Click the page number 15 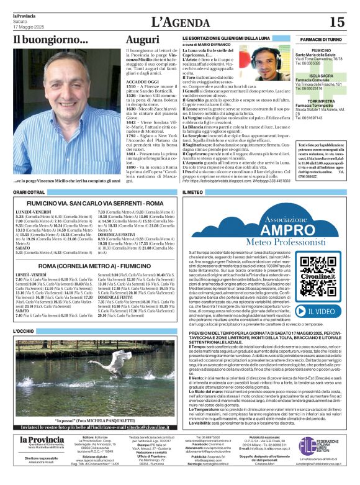[336, 22]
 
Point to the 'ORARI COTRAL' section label [29, 193]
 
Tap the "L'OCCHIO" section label [25, 332]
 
